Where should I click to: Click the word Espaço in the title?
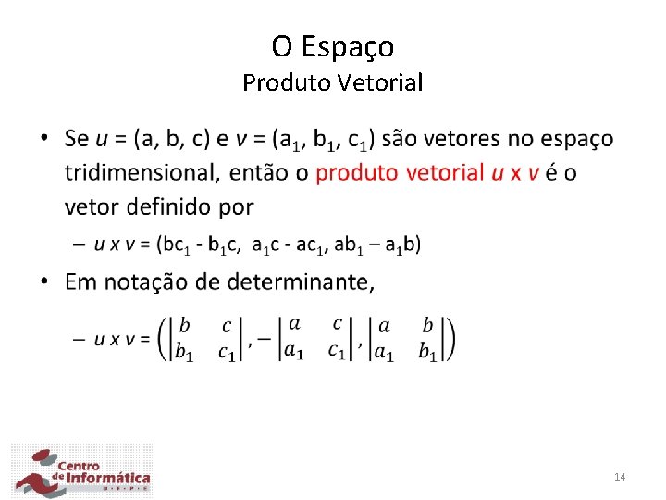(356, 46)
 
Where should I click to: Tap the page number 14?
(620, 477)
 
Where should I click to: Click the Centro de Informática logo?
(81, 471)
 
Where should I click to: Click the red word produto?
(357, 172)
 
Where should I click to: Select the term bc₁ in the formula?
(175, 244)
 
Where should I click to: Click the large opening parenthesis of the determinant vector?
(165, 339)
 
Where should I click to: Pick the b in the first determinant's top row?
(186, 325)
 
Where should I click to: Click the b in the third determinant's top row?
(427, 325)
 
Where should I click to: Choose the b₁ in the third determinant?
(428, 352)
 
